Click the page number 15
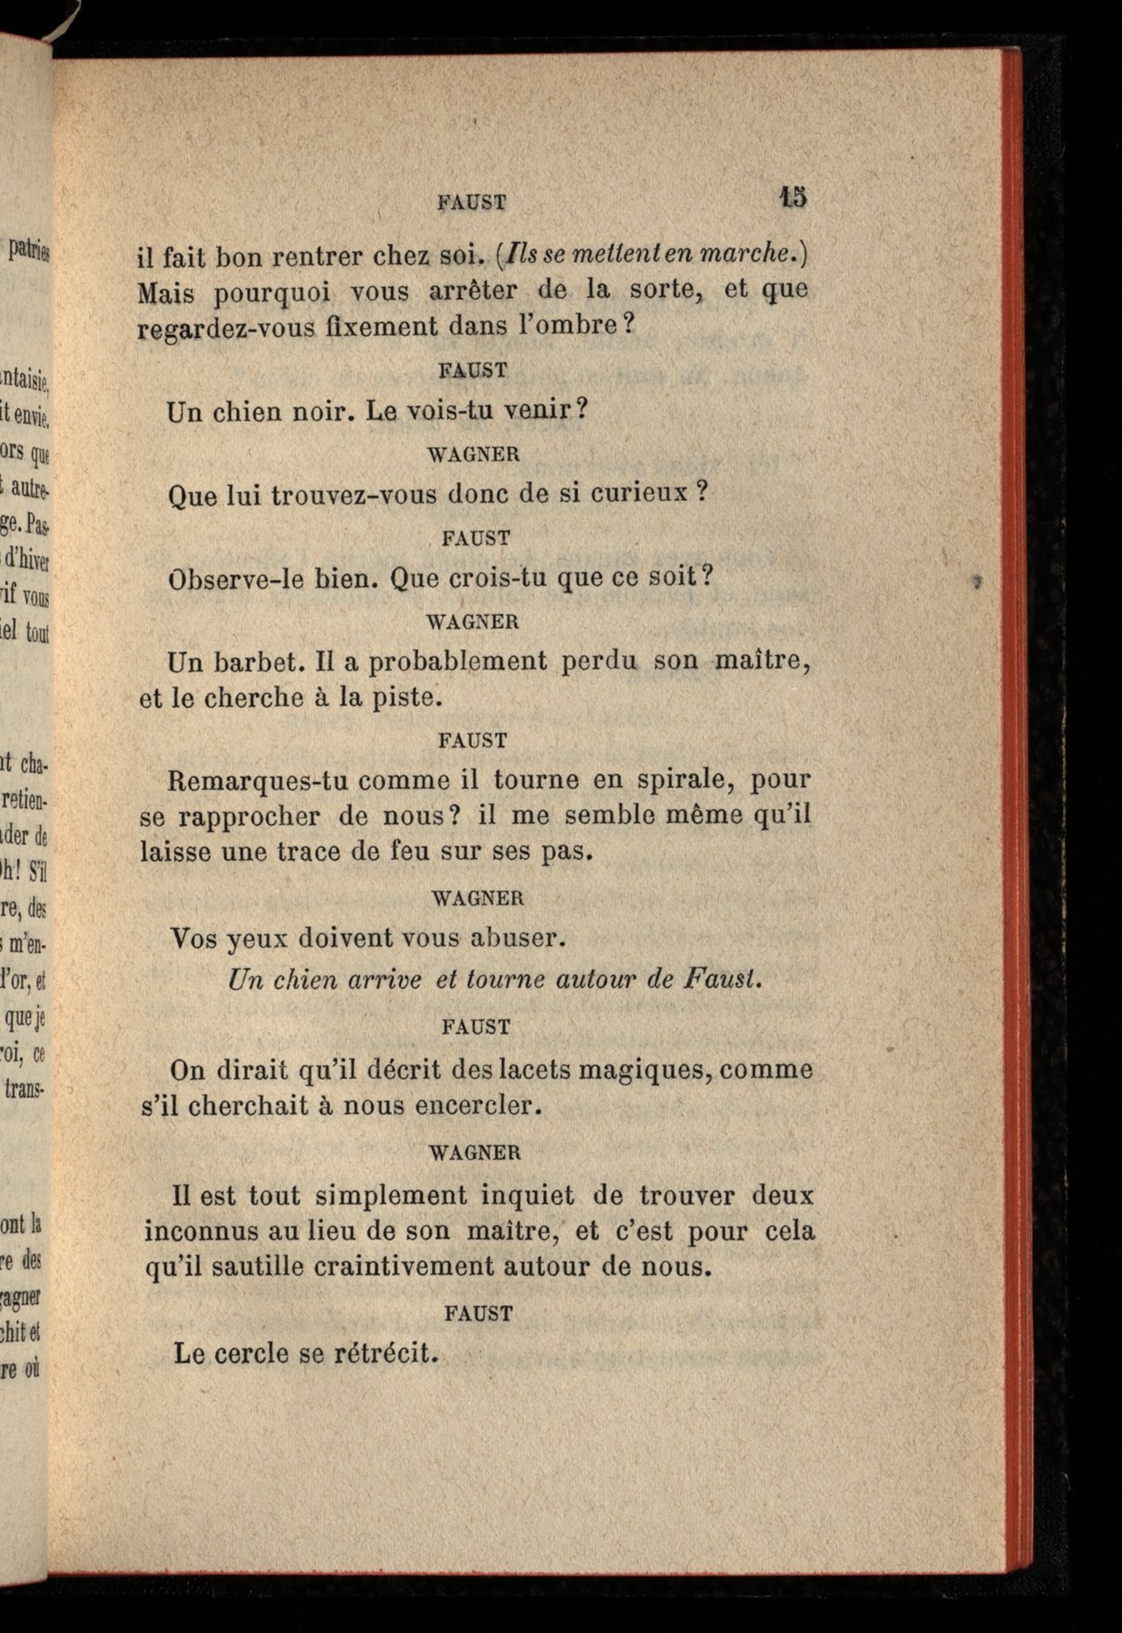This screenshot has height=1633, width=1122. tap(793, 196)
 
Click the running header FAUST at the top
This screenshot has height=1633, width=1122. tap(472, 203)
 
